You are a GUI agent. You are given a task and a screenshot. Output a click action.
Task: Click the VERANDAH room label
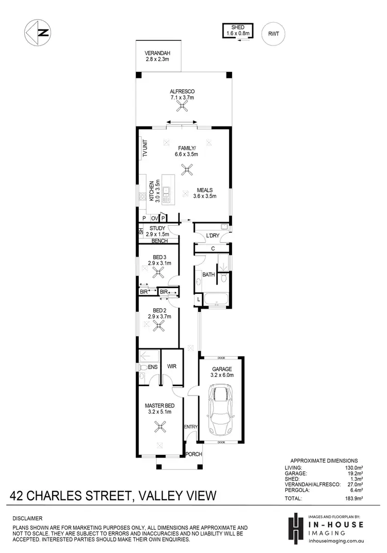click(158, 56)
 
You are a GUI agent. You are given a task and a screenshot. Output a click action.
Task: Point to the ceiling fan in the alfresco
click(182, 106)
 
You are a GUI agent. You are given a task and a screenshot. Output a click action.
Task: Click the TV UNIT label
click(145, 149)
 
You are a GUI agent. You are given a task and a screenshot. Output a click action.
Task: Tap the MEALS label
click(204, 192)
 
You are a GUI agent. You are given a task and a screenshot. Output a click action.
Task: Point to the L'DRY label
click(213, 235)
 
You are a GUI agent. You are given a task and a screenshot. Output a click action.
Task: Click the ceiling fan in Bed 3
click(159, 275)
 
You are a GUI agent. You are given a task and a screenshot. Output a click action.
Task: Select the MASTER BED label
click(159, 408)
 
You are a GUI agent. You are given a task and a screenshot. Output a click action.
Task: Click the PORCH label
click(193, 454)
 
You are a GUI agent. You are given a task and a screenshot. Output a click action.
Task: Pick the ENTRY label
click(191, 426)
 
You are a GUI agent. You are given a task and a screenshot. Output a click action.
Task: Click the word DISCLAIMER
click(28, 518)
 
